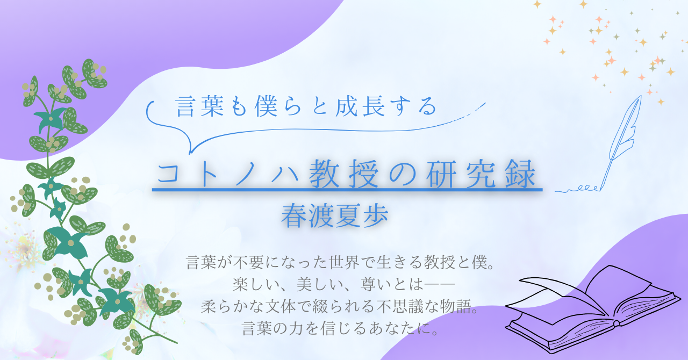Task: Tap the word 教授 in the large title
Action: coord(343,174)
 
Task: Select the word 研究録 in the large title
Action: coord(481,174)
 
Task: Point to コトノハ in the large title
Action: coord(229,175)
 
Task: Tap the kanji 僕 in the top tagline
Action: coord(266,106)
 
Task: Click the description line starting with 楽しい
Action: coord(343,284)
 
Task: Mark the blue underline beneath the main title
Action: coord(347,190)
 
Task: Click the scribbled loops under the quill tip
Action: coord(577,189)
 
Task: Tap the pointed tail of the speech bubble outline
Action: coord(190,153)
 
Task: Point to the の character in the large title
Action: coord(402,175)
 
